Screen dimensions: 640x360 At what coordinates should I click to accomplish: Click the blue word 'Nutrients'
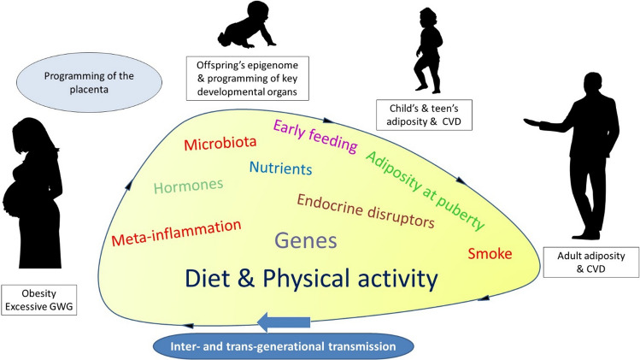[x=280, y=168]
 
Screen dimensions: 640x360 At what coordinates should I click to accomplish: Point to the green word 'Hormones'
[x=189, y=184]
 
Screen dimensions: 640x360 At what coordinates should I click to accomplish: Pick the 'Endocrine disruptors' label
[x=365, y=211]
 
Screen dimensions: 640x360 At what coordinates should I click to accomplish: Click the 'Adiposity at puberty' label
[x=424, y=189]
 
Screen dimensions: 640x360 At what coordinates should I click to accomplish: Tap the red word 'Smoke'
[x=490, y=254]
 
